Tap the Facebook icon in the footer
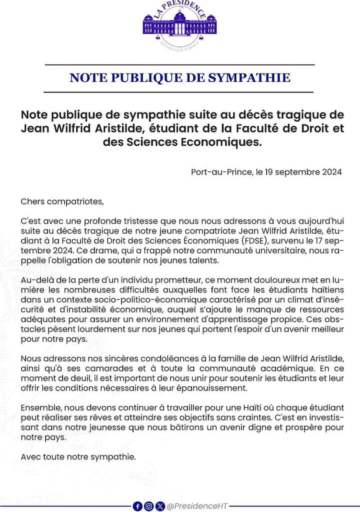click(138, 506)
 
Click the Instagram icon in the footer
click(149, 506)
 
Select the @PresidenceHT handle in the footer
click(197, 506)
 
